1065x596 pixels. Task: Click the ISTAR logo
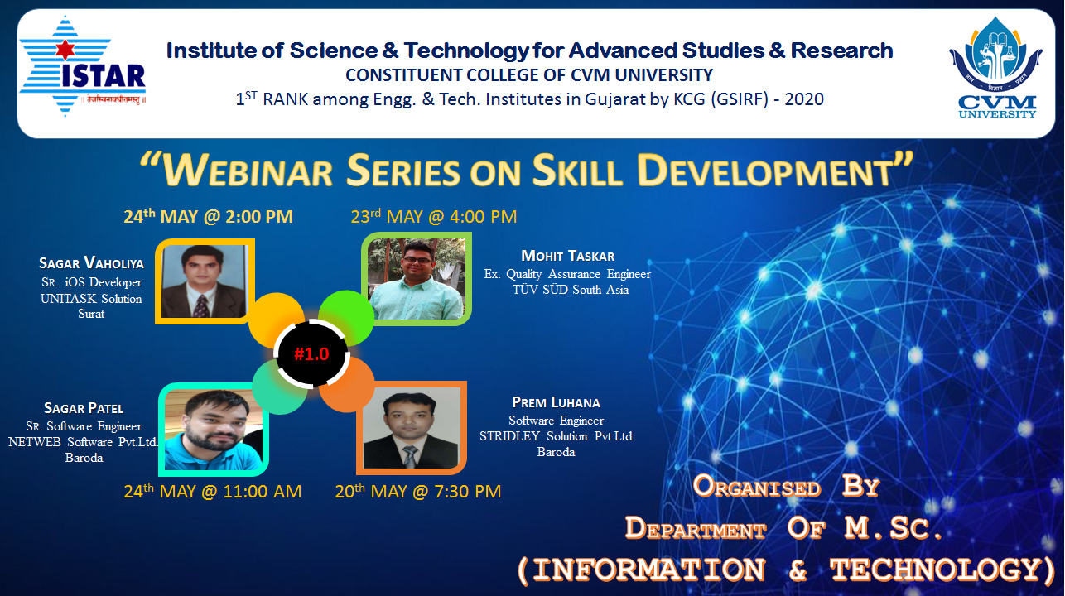83,66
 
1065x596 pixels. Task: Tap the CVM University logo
996,67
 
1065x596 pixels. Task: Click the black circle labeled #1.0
311,353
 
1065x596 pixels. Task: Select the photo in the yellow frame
205,281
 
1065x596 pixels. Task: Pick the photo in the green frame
417,278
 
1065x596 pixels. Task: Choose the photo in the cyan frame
214,430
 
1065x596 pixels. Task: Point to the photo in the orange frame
412,428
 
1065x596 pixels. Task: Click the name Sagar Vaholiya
91,263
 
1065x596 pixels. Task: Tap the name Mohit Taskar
567,256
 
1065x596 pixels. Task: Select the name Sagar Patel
84,408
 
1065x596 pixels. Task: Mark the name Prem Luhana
556,402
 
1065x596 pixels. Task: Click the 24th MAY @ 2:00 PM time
208,216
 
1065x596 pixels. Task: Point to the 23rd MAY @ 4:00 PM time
434,216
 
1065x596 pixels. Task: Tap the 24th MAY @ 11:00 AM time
213,491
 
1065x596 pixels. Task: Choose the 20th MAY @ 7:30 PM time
418,491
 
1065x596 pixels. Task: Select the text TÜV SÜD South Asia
571,290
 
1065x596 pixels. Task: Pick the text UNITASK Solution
91,299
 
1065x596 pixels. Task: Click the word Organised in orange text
756,487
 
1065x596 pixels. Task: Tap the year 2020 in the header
804,99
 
